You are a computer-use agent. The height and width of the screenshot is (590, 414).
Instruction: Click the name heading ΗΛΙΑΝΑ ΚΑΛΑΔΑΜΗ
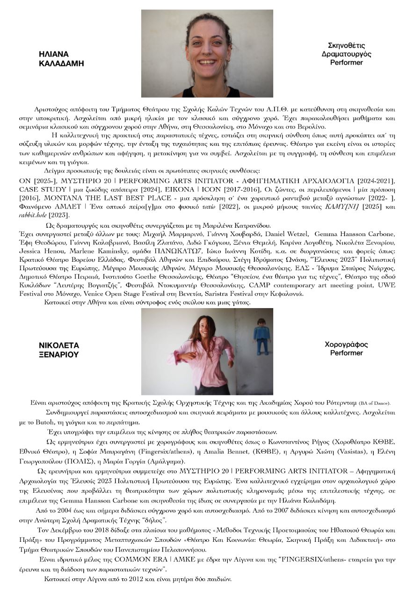point(61,58)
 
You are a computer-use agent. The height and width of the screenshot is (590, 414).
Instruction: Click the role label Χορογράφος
point(346,345)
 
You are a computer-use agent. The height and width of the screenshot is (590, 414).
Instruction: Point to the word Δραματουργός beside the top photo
point(346,54)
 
